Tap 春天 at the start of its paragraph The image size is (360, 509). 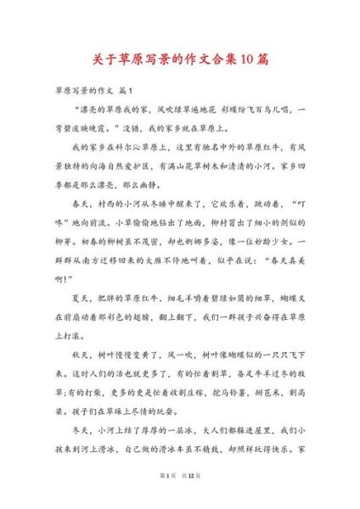tap(85, 227)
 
